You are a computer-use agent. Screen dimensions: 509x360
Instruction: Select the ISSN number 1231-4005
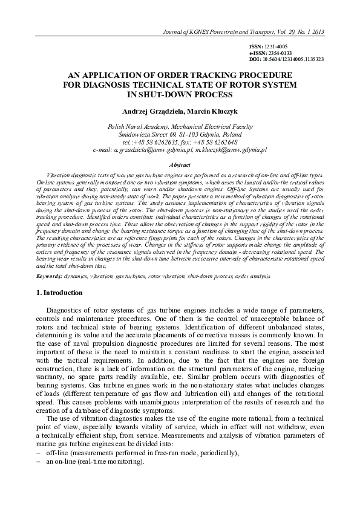pos(278,47)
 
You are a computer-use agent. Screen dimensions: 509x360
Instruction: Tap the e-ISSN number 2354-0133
pos(280,53)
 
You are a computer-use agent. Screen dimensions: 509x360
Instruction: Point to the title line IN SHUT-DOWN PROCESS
pos(180,95)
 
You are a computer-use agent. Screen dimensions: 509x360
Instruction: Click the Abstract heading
pos(180,164)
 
